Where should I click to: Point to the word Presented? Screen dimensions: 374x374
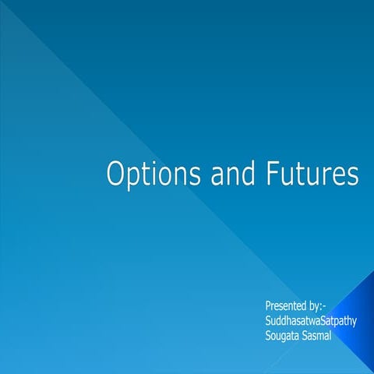point(284,305)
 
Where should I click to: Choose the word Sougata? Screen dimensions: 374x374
point(284,334)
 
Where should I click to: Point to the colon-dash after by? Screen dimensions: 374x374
point(323,305)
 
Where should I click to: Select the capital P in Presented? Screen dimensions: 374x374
point(268,305)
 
